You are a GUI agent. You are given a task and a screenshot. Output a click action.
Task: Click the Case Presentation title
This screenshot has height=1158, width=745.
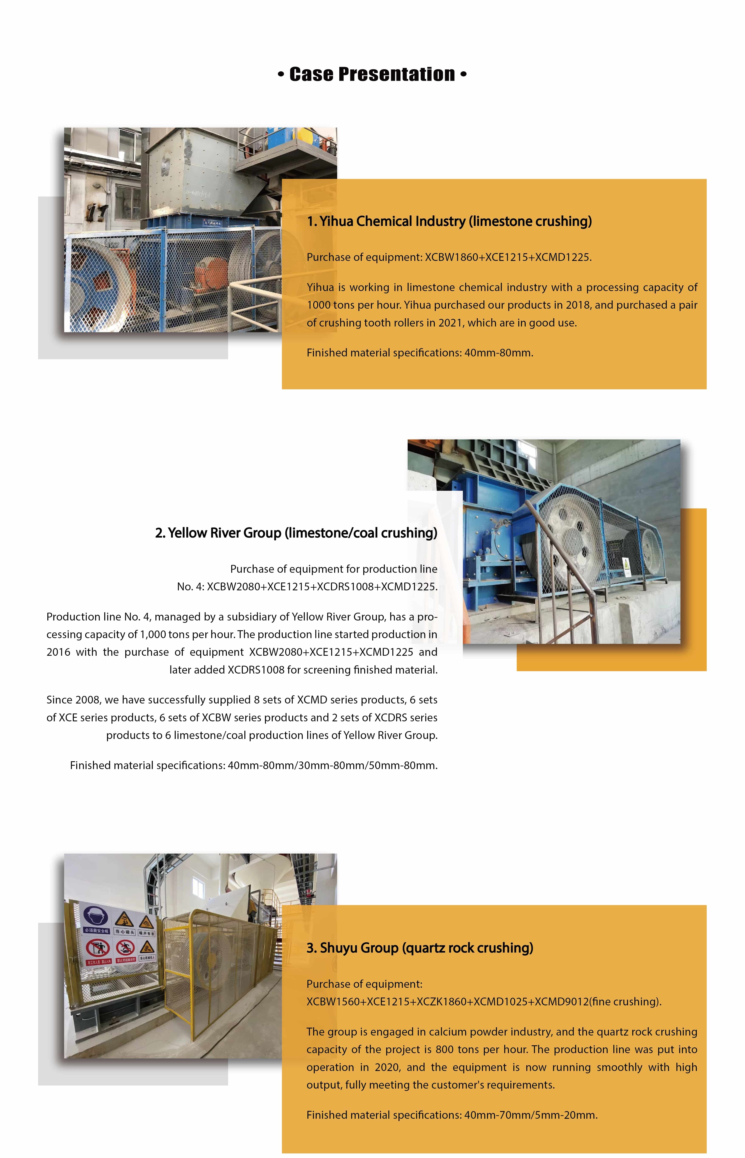tap(372, 75)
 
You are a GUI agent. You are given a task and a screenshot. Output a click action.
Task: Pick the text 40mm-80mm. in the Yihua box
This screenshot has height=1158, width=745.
tap(498, 353)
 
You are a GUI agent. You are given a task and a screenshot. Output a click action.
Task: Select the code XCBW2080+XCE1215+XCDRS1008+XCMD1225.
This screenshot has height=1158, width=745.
tap(322, 587)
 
